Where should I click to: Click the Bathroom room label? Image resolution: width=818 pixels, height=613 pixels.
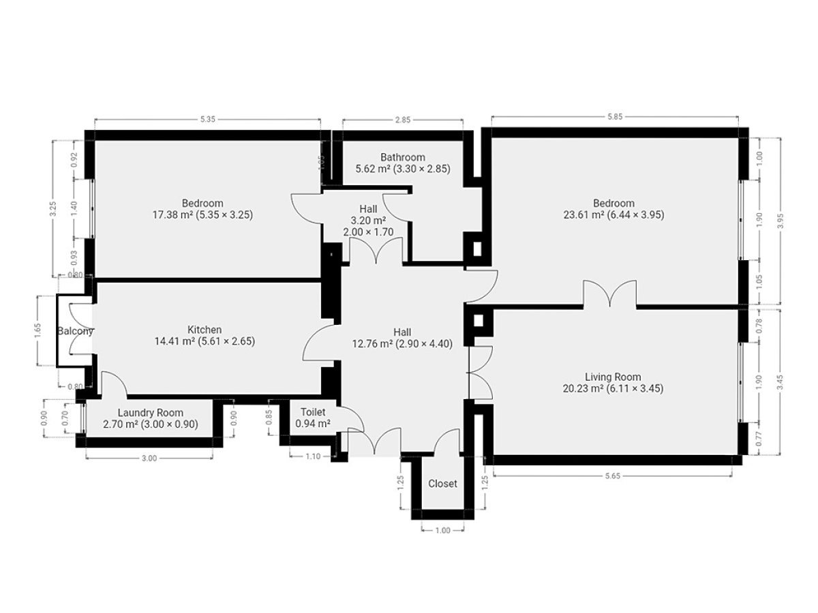(x=402, y=157)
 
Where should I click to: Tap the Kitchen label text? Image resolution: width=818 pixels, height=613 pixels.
(x=204, y=330)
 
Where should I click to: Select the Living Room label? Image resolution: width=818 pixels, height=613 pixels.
(x=613, y=377)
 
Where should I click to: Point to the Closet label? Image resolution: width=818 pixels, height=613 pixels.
(x=442, y=484)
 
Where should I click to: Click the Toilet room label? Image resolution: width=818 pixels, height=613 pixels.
(x=313, y=412)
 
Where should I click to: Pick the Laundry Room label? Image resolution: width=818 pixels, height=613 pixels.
(x=151, y=413)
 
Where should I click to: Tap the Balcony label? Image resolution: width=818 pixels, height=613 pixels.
(x=75, y=331)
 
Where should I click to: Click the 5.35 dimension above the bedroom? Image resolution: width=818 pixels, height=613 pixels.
(x=208, y=119)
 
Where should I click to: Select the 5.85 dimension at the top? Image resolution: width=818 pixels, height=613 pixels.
(x=615, y=116)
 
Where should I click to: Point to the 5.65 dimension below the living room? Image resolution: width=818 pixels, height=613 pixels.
(x=613, y=475)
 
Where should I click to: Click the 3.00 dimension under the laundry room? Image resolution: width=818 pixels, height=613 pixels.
(x=149, y=458)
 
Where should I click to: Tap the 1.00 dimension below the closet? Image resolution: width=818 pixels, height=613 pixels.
(x=442, y=531)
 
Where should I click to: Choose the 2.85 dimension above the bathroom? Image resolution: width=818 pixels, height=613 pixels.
(x=403, y=120)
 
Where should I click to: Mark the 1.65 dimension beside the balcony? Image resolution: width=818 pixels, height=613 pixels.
(x=37, y=330)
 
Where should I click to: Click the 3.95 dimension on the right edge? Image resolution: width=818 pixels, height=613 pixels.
(x=781, y=221)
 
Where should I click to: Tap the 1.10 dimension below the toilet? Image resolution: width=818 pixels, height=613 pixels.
(x=313, y=456)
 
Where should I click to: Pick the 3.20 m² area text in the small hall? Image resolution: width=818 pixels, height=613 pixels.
(x=368, y=220)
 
